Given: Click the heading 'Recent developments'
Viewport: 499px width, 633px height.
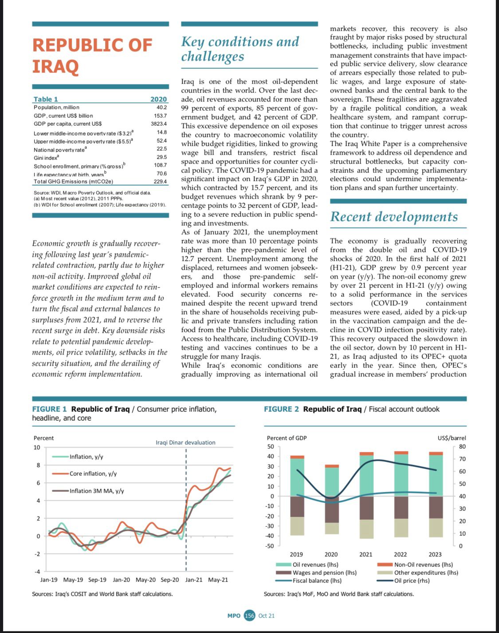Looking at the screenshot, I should click(394, 216).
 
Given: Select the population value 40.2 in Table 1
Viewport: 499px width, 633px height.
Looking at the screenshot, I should click(161, 107).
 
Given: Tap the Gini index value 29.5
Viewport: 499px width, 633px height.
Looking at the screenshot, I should click(161, 157).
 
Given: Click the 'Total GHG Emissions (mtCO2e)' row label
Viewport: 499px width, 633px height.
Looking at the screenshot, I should click(73, 182).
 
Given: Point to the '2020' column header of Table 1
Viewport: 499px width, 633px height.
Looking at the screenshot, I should click(158, 99).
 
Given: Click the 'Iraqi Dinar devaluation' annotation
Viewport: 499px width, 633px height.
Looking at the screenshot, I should click(185, 442).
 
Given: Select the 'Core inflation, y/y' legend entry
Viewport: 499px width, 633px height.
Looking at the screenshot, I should click(93, 474).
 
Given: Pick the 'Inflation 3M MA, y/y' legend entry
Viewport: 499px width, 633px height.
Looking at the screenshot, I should click(97, 491).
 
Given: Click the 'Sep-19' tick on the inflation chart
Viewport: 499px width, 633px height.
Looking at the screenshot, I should click(97, 580).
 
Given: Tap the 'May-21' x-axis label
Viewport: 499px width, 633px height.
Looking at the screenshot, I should click(218, 580).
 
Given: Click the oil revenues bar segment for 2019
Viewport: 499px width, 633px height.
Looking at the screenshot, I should click(297, 477).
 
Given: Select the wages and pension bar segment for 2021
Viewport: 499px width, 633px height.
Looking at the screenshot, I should click(366, 508).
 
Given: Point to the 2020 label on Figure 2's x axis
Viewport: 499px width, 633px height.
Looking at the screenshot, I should click(331, 554).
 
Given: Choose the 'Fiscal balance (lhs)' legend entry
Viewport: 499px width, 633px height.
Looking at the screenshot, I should click(317, 581).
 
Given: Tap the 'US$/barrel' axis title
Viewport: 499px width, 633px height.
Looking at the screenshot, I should click(452, 438).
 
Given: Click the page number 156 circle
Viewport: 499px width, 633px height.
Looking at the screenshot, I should click(250, 616).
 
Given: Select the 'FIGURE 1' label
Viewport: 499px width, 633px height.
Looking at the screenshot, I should click(49, 409).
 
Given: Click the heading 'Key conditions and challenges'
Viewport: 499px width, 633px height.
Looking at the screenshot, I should click(240, 49).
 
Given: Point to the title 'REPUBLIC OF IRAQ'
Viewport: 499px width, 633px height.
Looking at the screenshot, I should click(92, 55).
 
